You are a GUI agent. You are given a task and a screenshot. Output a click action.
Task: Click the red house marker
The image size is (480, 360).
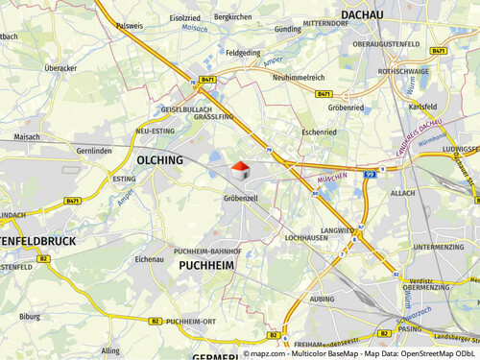[240, 171]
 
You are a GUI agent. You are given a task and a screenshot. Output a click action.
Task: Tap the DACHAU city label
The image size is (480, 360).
[362, 15]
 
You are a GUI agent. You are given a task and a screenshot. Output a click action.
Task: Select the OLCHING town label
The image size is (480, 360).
[159, 160]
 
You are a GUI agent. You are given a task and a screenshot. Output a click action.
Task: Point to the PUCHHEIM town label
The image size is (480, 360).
[206, 264]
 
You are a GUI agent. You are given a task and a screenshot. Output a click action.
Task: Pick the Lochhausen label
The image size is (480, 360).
[307, 236]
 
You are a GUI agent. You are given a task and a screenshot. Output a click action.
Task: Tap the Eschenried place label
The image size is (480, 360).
[319, 131]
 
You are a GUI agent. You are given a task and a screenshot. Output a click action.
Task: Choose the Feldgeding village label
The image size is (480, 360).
[243, 54]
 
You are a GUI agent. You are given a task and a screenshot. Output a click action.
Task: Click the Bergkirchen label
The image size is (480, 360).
[232, 16]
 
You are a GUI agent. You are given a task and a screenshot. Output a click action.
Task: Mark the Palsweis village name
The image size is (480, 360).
[130, 27]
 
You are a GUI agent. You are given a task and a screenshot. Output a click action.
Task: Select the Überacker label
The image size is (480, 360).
[60, 68]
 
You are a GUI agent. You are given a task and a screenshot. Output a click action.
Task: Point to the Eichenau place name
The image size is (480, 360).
[150, 259]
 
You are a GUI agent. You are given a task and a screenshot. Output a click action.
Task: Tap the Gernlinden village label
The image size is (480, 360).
[94, 152]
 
